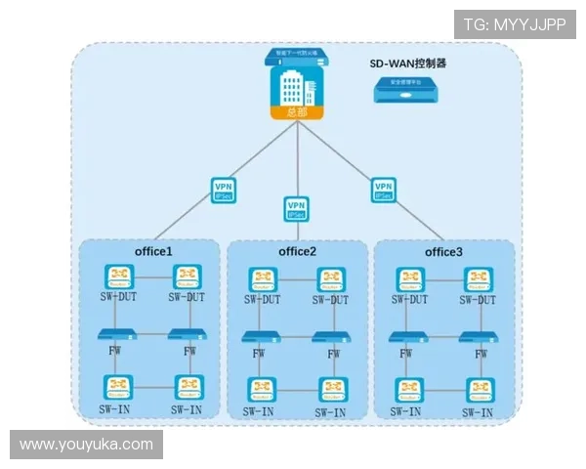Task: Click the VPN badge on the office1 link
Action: coord(224,189)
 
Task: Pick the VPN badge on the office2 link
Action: coord(296,208)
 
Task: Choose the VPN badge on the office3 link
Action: coord(384,189)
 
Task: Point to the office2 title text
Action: coord(297,252)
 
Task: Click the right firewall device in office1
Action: coord(188,335)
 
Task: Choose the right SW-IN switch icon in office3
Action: coord(479,389)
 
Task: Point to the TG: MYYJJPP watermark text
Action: coord(514,24)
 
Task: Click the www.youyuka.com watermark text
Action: coord(86,445)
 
